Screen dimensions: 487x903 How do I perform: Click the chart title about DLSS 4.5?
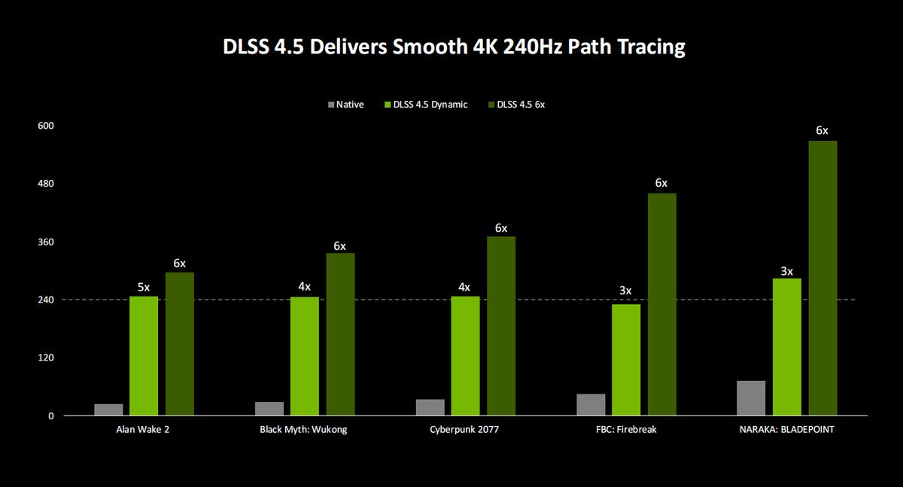(454, 47)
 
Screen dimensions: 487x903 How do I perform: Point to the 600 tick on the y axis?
(46, 126)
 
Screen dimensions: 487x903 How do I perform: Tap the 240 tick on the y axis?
(46, 300)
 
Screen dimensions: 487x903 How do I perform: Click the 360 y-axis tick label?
(46, 242)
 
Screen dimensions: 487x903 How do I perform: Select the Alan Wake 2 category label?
(144, 430)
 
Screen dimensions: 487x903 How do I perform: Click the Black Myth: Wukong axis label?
(304, 430)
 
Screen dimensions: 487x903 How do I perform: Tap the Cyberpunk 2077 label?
(465, 430)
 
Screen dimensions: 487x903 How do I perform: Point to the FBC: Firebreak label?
(626, 430)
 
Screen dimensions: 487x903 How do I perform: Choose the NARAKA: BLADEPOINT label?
(787, 430)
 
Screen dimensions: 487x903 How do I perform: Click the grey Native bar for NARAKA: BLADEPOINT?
(751, 398)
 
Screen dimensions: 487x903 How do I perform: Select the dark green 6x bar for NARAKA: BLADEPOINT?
(822, 278)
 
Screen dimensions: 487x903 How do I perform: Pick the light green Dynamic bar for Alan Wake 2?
(144, 355)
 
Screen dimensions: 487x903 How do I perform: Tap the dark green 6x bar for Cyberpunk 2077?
(501, 326)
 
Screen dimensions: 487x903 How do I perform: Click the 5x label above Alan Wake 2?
(144, 287)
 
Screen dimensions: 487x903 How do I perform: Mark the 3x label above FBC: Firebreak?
(626, 291)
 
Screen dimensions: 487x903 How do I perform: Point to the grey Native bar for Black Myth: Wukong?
(269, 409)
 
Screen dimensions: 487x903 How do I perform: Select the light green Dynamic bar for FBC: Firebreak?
(626, 360)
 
